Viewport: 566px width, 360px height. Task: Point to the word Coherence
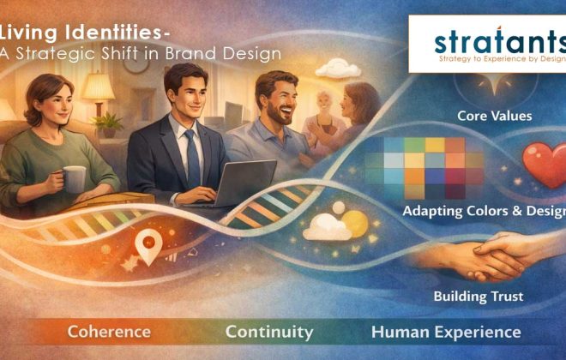(x=109, y=331)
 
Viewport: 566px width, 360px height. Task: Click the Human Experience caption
(x=445, y=331)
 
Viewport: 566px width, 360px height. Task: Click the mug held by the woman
(x=74, y=178)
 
